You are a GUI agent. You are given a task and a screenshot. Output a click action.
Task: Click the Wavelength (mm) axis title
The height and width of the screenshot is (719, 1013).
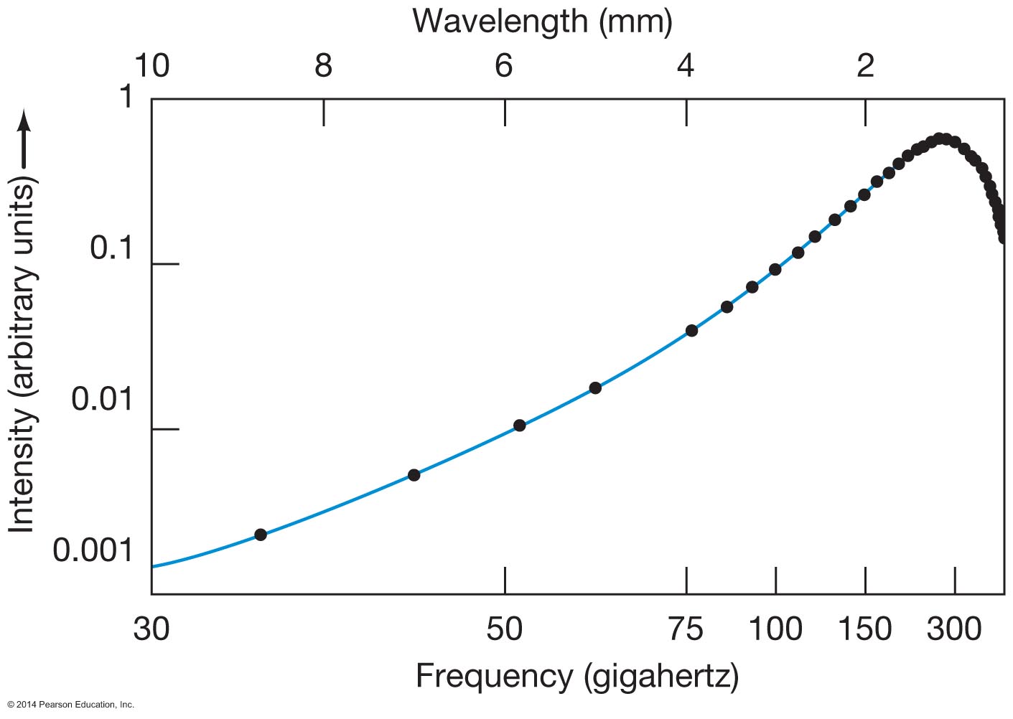click(542, 22)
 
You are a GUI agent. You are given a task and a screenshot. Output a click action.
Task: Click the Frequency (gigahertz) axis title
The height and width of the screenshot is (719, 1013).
click(576, 676)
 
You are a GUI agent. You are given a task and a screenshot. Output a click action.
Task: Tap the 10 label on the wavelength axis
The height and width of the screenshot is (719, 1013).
click(151, 66)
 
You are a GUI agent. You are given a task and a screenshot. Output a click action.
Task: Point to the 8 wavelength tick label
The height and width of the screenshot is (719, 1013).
click(323, 66)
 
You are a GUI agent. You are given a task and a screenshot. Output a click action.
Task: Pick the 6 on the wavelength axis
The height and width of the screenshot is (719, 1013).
click(504, 66)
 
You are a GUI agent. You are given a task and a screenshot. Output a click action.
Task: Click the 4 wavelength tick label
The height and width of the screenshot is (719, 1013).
click(686, 66)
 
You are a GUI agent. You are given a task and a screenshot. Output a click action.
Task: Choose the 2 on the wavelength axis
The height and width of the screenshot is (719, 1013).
click(866, 66)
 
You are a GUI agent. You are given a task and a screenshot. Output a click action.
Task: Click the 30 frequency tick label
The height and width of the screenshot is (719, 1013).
click(151, 629)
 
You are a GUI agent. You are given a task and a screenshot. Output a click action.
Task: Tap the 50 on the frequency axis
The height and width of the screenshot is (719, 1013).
click(504, 629)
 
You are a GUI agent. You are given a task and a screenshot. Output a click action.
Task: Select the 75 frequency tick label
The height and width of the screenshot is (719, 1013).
click(686, 629)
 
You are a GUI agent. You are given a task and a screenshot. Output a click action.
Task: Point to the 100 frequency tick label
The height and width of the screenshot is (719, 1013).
click(775, 629)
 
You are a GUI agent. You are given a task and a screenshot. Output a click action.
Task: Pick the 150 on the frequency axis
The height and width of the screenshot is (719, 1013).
click(865, 629)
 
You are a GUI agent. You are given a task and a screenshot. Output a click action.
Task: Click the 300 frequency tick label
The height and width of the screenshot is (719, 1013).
click(954, 629)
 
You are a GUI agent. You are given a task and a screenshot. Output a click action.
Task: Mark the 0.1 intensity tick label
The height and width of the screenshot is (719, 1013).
click(111, 248)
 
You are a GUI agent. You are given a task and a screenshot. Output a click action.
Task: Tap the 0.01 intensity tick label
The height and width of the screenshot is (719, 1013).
click(102, 399)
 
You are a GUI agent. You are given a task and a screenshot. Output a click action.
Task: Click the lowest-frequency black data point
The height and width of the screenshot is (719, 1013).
click(261, 535)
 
